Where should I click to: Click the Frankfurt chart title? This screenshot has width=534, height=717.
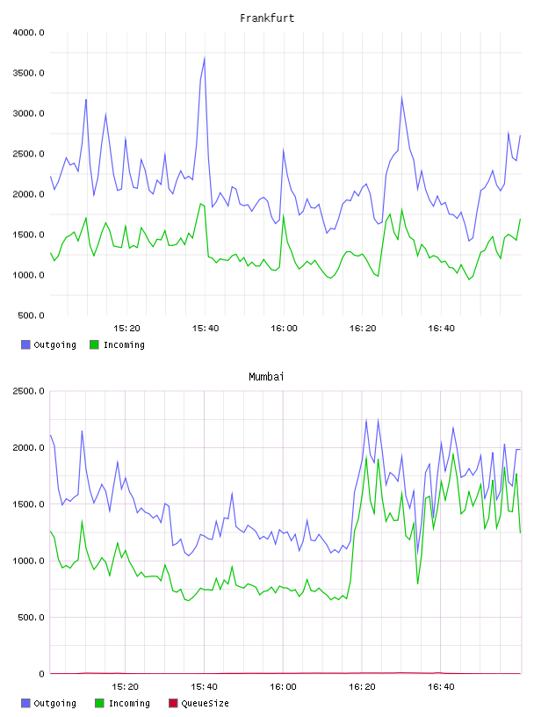[267, 18]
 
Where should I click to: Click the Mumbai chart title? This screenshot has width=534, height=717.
[266, 377]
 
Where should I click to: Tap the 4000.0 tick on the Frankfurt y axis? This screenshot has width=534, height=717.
[28, 33]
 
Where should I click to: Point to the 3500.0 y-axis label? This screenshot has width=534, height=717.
[28, 73]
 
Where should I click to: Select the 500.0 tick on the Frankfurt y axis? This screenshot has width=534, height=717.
[31, 315]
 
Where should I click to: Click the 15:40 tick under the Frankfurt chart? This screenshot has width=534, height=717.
[206, 329]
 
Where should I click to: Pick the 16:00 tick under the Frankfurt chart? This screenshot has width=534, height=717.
[284, 329]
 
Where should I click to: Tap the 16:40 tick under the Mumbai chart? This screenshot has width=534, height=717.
[441, 687]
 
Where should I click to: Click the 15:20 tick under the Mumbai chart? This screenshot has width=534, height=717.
[125, 687]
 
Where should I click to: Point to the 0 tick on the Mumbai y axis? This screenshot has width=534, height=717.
[41, 674]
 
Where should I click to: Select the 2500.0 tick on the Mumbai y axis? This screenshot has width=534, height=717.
[28, 391]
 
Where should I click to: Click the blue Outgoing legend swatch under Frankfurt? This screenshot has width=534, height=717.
[25, 344]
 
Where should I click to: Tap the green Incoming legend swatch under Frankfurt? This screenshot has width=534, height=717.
[94, 344]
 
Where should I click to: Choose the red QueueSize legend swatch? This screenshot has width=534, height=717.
[173, 703]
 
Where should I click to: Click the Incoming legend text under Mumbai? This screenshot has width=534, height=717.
[129, 704]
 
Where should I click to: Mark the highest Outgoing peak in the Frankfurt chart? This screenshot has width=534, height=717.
[205, 58]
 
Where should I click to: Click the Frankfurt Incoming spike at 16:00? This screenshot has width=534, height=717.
[284, 215]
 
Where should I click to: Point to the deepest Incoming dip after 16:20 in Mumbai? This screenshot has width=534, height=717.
[417, 583]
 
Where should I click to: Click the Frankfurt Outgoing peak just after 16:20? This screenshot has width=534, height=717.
[402, 97]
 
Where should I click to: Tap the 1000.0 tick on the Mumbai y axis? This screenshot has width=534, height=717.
[28, 561]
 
